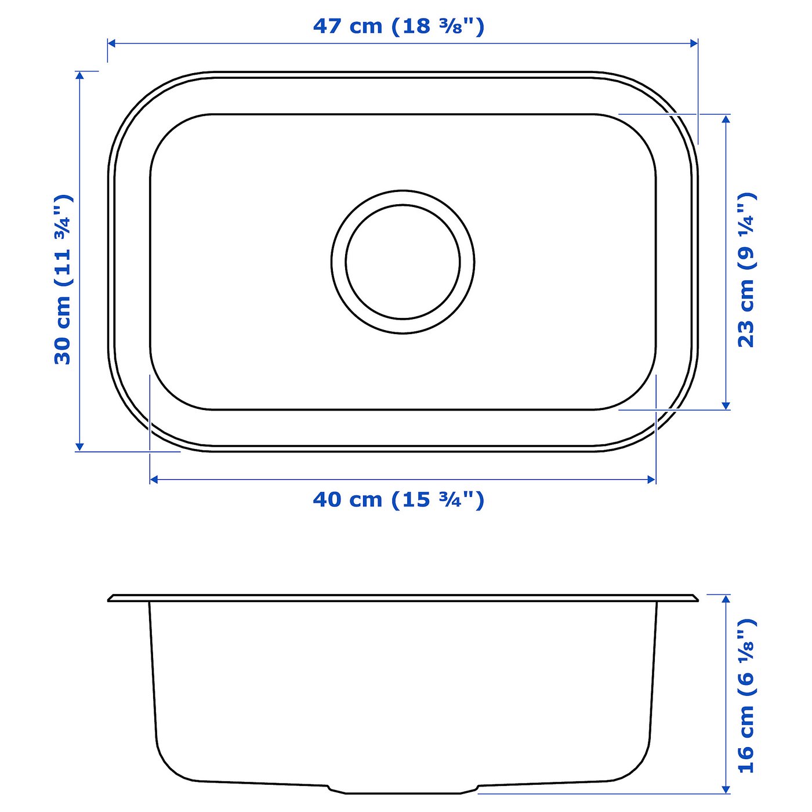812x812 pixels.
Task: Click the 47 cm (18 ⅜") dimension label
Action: (398, 26)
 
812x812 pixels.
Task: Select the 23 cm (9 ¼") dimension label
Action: (746, 270)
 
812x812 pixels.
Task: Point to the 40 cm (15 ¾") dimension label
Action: (398, 499)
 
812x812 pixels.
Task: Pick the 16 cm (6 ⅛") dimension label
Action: (746, 696)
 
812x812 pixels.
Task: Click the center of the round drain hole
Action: (403, 262)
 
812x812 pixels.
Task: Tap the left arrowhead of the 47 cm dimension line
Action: (112, 43)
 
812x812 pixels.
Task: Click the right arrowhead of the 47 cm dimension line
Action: (694, 43)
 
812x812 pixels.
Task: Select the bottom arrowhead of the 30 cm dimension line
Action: (80, 447)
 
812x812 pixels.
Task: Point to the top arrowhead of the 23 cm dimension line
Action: (726, 118)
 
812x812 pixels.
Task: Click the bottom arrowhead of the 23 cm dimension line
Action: (726, 405)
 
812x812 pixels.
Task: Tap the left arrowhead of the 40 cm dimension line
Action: (154, 479)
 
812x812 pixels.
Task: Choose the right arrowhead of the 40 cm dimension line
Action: (651, 479)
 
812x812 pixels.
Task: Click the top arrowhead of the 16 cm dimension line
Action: (726, 599)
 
